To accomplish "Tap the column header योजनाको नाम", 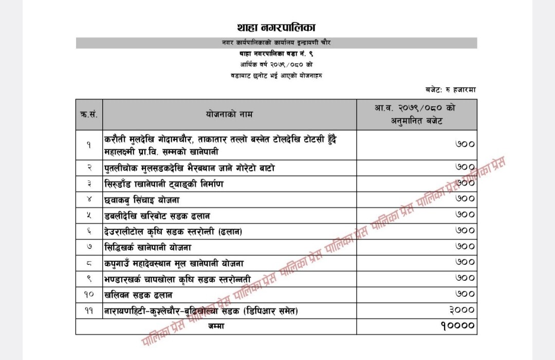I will coord(229,114).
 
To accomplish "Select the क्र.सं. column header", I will coord(89,114).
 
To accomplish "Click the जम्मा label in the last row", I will coord(216,326).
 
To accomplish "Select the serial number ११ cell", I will coord(89,311).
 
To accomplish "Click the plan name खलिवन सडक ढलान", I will coord(138,295).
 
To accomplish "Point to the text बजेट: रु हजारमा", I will coord(451,89).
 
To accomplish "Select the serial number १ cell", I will coord(89,145).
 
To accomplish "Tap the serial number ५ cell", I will coord(89,215).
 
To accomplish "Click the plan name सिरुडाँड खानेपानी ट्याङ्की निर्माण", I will coord(164,184).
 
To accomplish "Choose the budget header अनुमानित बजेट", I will coord(416,121).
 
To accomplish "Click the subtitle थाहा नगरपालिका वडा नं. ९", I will coord(276,53).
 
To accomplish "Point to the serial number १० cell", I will coord(89,295).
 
